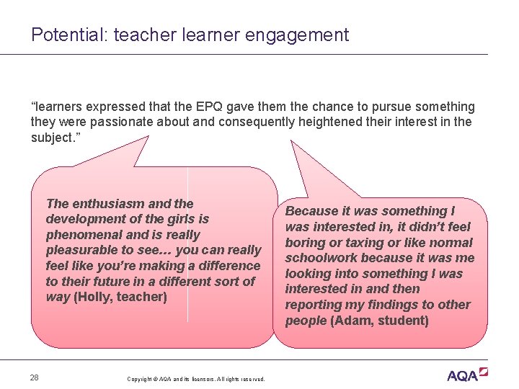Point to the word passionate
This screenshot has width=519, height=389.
tap(133, 122)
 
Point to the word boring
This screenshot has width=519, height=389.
tap(307, 243)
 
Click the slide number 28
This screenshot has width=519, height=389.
tap(35, 377)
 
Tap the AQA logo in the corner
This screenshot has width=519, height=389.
tap(466, 375)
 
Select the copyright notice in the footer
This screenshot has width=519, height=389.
tap(195, 379)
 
